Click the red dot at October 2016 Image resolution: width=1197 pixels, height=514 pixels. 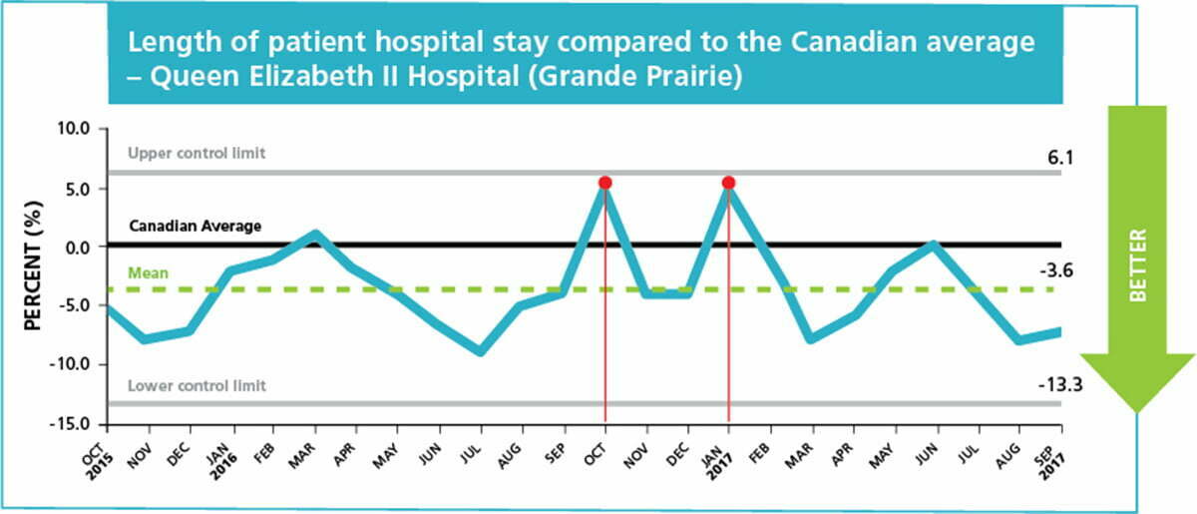604,183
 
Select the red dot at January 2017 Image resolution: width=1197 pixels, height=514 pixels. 728,183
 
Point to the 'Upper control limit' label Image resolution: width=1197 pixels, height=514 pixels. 197,154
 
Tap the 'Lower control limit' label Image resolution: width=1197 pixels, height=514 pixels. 197,385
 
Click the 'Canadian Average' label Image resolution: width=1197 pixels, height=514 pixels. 196,227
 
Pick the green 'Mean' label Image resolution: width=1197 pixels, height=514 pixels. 148,273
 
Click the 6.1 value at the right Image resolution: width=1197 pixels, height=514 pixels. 1060,158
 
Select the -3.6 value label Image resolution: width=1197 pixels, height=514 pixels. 1056,271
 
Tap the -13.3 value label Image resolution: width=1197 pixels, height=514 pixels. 1060,384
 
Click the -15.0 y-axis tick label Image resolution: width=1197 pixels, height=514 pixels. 70,425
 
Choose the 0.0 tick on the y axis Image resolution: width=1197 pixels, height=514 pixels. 77,249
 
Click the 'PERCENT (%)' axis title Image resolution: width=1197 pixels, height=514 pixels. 33,265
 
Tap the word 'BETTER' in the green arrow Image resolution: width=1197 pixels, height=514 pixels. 1139,265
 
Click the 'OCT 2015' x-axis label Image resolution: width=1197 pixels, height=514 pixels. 99,459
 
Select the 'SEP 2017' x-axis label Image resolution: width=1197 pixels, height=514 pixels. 1051,459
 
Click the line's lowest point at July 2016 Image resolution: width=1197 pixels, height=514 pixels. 481,352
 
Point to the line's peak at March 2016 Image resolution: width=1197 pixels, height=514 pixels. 315,235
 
